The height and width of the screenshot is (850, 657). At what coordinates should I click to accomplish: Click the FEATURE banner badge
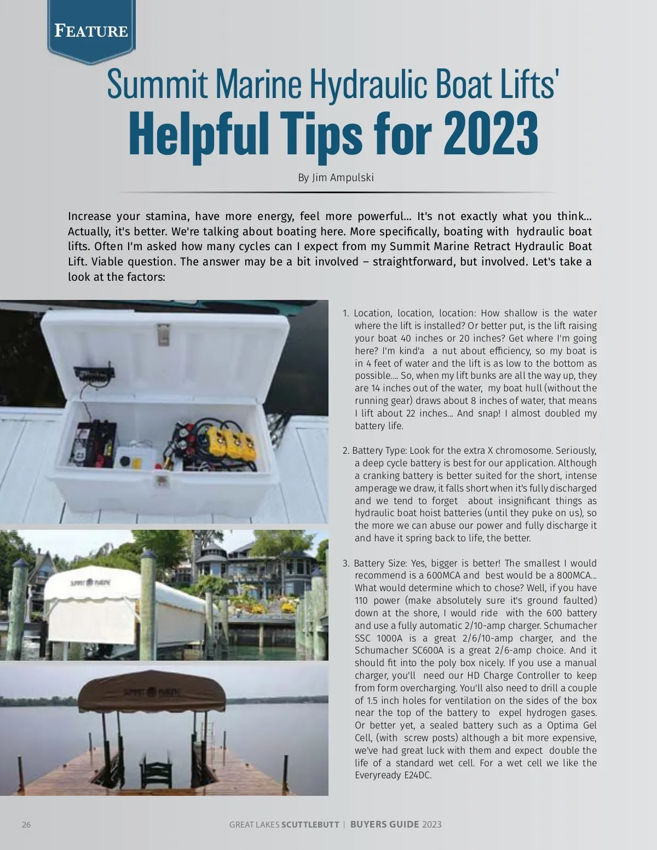click(x=91, y=31)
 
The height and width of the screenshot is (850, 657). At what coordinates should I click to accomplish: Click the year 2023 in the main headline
click(x=491, y=134)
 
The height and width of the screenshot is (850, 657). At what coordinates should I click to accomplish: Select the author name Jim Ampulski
click(x=343, y=177)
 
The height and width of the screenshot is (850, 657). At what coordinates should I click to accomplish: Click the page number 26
click(x=26, y=825)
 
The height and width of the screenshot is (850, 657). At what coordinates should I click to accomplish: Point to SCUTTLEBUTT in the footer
click(x=310, y=825)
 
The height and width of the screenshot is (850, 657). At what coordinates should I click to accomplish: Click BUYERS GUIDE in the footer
click(x=385, y=824)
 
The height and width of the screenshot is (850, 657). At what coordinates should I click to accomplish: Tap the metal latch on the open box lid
click(x=163, y=334)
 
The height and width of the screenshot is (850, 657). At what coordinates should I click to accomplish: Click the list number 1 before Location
click(x=345, y=313)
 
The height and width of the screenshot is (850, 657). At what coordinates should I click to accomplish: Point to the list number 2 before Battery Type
click(x=345, y=450)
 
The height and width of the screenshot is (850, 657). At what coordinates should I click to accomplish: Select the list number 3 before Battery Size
click(x=345, y=563)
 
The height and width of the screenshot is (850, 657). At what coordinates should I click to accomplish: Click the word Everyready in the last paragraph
click(x=378, y=775)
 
